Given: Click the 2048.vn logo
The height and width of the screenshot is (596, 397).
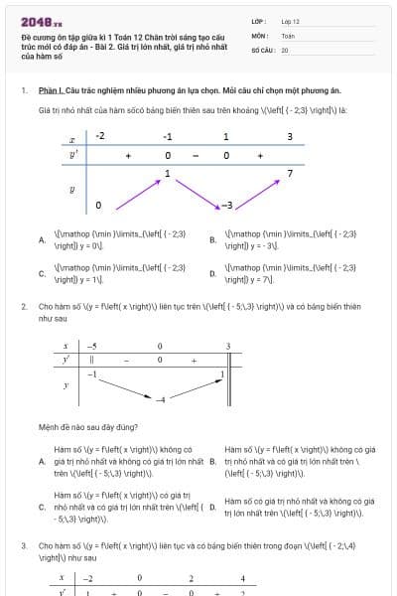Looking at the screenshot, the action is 41,21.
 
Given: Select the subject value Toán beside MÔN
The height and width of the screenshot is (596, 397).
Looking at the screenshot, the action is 288,35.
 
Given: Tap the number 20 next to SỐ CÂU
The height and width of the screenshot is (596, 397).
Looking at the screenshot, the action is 285,49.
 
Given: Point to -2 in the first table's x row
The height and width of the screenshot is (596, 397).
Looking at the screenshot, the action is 100,137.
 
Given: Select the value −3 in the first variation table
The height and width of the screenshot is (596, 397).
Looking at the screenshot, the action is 226,206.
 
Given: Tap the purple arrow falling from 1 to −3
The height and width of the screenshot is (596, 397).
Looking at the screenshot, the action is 198,193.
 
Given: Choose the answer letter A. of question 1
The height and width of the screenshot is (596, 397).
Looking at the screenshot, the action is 42,239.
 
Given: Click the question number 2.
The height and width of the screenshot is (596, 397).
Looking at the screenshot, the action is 23,307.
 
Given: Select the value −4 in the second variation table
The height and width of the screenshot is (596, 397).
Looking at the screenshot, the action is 159,399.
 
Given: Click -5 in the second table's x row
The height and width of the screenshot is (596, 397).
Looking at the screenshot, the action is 91,346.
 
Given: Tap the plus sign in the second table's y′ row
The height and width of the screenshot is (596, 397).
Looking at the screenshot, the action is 195,360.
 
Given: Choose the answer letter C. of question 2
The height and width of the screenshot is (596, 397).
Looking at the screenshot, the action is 42,507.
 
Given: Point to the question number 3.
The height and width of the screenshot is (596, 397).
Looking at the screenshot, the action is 23,545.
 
